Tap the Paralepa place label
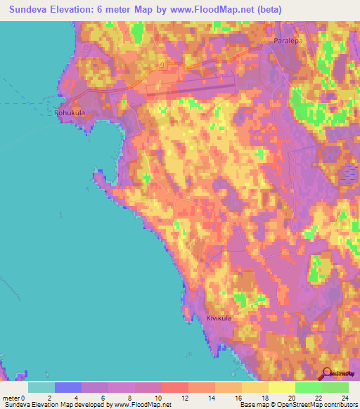287,41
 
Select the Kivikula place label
219,318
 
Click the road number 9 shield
161,65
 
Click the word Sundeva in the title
25,9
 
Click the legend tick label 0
27,398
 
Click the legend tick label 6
108,398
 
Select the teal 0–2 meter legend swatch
41,387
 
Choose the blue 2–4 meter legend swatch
67,387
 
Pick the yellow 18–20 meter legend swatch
281,387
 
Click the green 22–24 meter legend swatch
335,387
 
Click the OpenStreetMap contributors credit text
317,405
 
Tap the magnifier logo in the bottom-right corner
326,374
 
